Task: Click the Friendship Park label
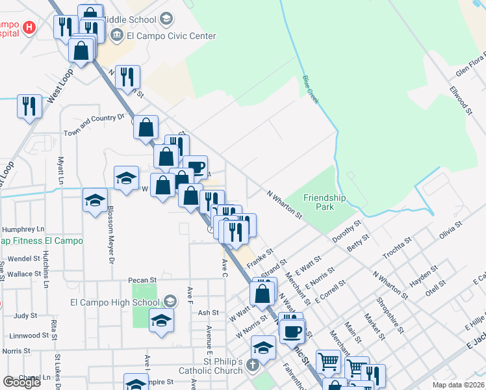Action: tap(325, 202)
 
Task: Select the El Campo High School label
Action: tap(114, 302)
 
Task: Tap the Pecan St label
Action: tap(145, 280)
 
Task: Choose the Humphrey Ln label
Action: tap(23, 229)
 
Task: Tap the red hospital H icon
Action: tap(29, 27)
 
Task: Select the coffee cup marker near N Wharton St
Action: tap(195, 167)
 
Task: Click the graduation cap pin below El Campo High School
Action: tap(161, 320)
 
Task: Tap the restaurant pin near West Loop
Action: tap(29, 106)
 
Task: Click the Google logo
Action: tap(21, 382)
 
